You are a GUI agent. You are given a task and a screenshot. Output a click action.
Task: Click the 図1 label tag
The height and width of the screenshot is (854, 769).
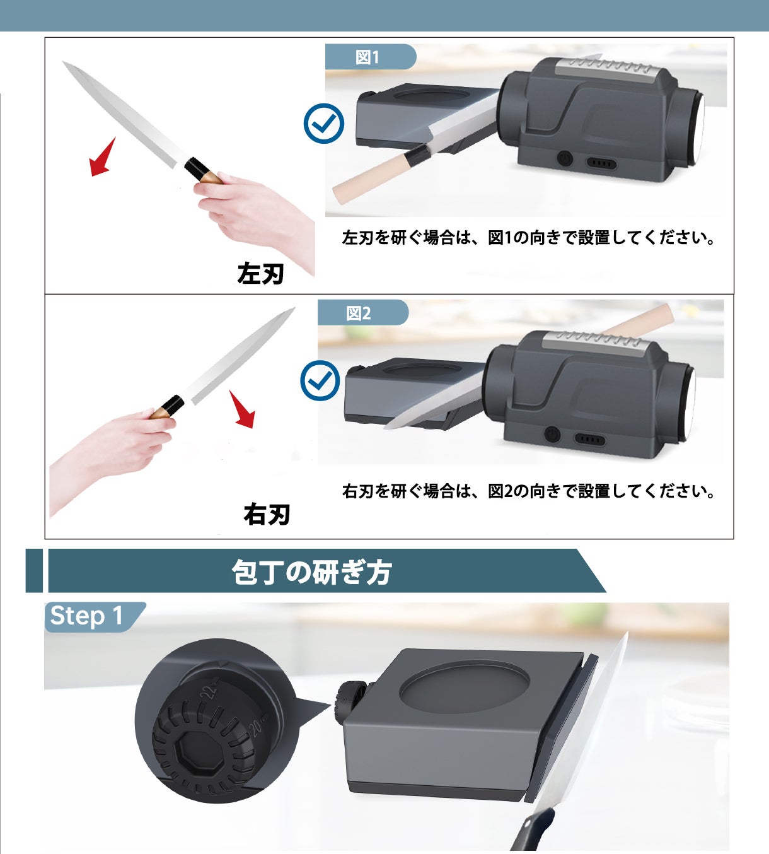pos(369,57)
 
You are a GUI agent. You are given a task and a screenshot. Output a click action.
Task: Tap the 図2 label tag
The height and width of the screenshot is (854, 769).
pos(362,313)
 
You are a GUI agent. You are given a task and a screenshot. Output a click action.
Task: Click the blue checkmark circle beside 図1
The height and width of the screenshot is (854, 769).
pos(324,124)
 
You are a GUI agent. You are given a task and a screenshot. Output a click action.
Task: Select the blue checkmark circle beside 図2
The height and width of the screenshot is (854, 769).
pos(320,380)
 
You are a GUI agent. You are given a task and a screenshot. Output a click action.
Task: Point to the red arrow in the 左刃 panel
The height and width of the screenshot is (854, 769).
pos(102,156)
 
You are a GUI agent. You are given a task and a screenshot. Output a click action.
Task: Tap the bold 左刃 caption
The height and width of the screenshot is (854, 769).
pos(260,273)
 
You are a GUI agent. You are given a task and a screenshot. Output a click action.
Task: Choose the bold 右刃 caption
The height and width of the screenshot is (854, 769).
pos(267,514)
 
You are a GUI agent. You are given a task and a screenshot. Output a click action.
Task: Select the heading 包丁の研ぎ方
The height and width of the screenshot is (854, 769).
pos(311,572)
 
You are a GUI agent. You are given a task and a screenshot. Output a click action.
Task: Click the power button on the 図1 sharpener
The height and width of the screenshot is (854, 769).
pos(565,158)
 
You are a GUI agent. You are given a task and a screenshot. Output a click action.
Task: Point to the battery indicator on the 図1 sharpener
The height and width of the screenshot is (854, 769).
pos(601,163)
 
